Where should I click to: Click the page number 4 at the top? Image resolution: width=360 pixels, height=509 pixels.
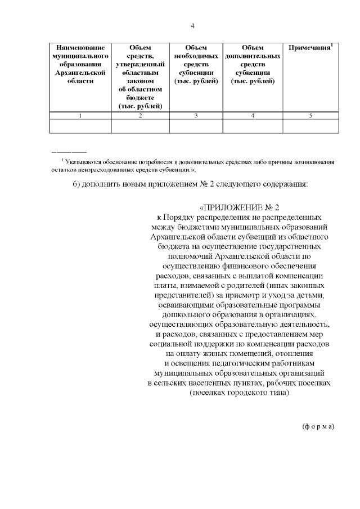pos(193,26)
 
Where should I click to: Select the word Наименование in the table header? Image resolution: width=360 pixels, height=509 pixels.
pos(80,48)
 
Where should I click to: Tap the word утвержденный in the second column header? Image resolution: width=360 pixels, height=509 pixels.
pos(140,65)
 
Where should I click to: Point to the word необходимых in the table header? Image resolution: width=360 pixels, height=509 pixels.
pos(196,57)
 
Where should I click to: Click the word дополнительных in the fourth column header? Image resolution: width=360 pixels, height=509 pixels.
pos(253,57)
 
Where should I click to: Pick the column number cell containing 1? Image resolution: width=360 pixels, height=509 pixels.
pos(80,116)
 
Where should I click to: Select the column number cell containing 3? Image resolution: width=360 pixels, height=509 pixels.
pos(196,116)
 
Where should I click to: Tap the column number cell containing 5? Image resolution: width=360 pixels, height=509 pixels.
pos(310,116)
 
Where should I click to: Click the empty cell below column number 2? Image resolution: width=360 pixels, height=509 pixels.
pos(140,127)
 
